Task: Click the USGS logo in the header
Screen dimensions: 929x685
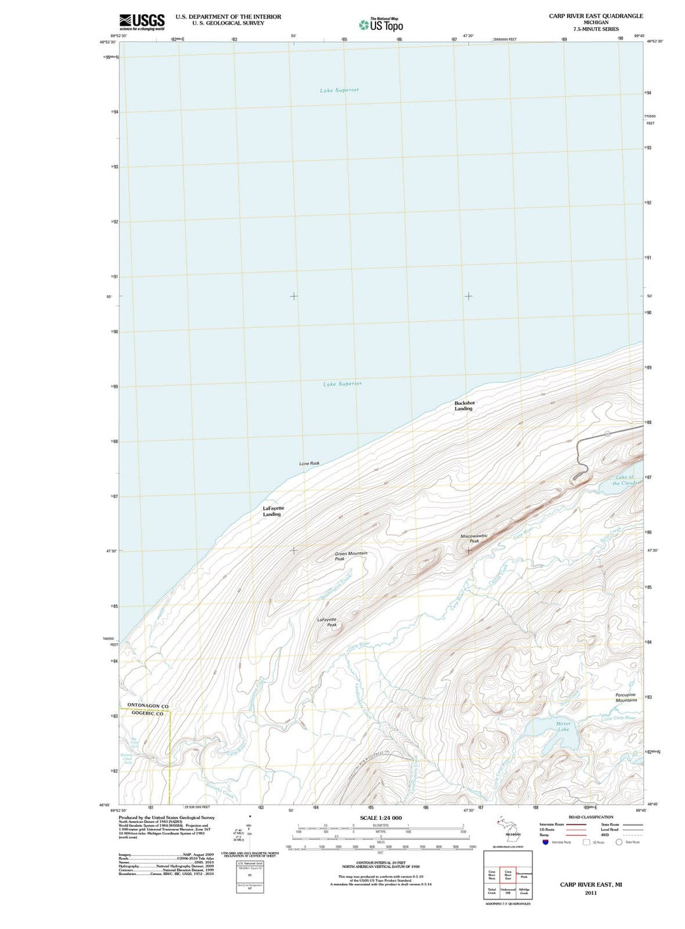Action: [141, 22]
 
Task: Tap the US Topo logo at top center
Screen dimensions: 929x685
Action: [381, 25]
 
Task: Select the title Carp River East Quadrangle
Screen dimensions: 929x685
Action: [596, 16]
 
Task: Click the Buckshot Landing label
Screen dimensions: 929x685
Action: [464, 405]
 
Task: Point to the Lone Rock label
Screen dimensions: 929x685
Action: [310, 463]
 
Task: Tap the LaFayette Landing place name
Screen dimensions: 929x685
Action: [273, 511]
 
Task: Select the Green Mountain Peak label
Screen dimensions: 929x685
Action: [351, 556]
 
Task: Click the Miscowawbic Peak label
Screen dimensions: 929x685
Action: [474, 538]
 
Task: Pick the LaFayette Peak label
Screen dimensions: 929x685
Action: [327, 622]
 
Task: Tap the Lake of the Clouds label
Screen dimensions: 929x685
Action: [625, 480]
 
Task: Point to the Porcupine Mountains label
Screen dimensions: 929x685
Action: [625, 697]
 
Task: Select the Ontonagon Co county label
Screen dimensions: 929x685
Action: [148, 706]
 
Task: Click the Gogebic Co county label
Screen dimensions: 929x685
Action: [147, 713]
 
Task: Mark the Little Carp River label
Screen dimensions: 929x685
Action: [618, 718]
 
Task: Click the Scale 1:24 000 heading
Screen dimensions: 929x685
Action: [381, 818]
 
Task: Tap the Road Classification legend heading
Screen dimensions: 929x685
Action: [590, 817]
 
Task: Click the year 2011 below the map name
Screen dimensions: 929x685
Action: [590, 893]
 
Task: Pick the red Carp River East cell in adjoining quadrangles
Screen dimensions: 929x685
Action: [508, 875]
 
